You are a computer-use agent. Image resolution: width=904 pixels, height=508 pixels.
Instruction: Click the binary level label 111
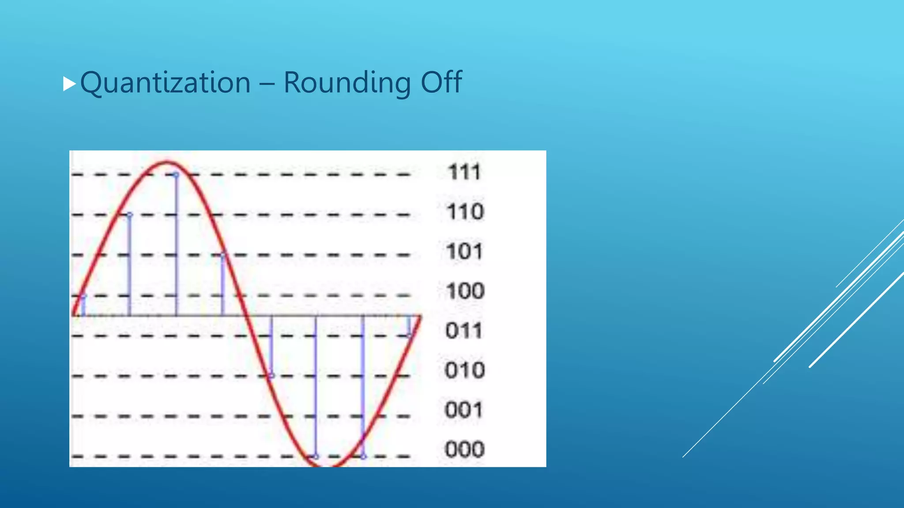tap(464, 172)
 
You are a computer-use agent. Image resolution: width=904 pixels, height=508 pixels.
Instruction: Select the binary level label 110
tap(465, 212)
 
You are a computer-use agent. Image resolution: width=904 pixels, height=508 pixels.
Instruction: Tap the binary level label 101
tap(464, 251)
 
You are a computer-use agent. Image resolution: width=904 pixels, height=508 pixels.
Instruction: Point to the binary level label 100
tap(465, 291)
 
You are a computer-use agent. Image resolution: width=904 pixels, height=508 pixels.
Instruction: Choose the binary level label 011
tap(464, 330)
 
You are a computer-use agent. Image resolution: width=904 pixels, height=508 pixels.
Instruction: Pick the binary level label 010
tap(465, 370)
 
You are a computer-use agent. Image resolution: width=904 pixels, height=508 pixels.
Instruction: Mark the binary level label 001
tap(464, 410)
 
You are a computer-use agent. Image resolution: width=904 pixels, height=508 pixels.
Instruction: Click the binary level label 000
tap(465, 449)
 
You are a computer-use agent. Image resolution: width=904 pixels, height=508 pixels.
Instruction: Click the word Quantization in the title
tap(166, 83)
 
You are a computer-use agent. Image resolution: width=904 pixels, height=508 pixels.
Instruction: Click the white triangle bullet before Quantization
tap(69, 83)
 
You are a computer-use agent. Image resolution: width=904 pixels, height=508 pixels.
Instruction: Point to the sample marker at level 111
tap(176, 175)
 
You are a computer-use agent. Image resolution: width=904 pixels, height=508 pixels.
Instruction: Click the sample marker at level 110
tap(130, 215)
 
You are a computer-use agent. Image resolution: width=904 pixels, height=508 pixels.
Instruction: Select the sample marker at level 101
tap(223, 255)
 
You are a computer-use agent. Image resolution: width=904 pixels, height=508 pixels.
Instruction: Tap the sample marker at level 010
tap(271, 376)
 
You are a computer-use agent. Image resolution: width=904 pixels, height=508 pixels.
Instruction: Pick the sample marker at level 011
tap(409, 336)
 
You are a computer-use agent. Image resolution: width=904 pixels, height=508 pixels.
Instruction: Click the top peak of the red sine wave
tap(166, 163)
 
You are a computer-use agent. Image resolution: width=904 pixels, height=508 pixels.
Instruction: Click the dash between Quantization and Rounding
tap(267, 83)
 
